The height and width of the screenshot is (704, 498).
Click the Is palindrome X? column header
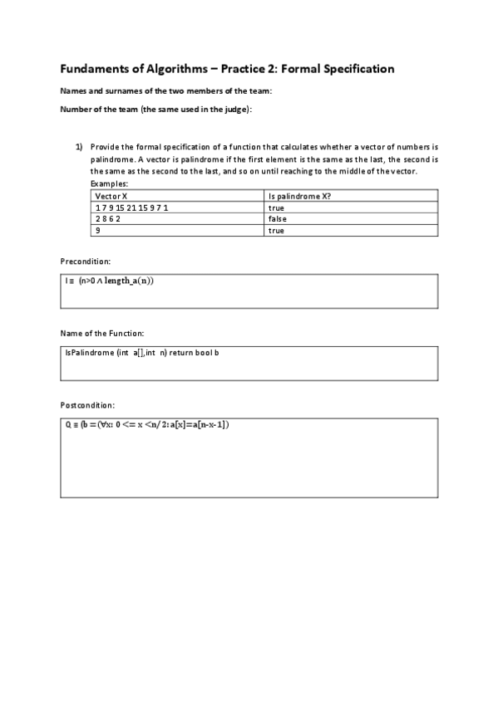pyautogui.click(x=301, y=196)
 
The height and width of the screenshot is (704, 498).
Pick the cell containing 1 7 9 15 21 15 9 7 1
pyautogui.click(x=132, y=208)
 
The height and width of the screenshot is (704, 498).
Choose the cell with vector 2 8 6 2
pyautogui.click(x=108, y=219)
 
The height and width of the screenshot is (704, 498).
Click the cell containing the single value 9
pyautogui.click(x=98, y=231)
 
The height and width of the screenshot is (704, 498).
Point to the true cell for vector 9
pyautogui.click(x=276, y=231)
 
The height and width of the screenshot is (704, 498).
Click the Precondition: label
pyautogui.click(x=86, y=261)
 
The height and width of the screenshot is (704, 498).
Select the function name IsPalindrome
pyautogui.click(x=89, y=353)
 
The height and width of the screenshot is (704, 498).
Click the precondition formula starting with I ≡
pyautogui.click(x=110, y=281)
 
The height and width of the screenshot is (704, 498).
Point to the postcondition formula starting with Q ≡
pyautogui.click(x=146, y=425)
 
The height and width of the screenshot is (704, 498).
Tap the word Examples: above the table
pyautogui.click(x=109, y=183)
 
